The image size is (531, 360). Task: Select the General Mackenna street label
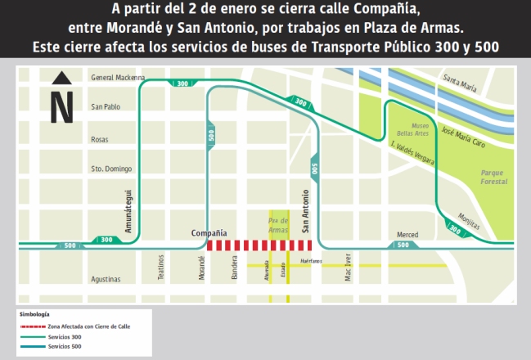(119, 79)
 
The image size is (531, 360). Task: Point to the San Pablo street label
(106, 107)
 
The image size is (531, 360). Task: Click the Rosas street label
(100, 139)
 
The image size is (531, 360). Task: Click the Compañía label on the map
(209, 233)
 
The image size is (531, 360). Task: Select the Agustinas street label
(106, 279)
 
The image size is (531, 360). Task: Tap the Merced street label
(407, 235)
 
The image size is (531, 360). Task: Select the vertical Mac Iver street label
(349, 267)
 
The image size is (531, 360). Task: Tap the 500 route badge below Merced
(403, 245)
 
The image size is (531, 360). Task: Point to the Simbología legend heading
(34, 314)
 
